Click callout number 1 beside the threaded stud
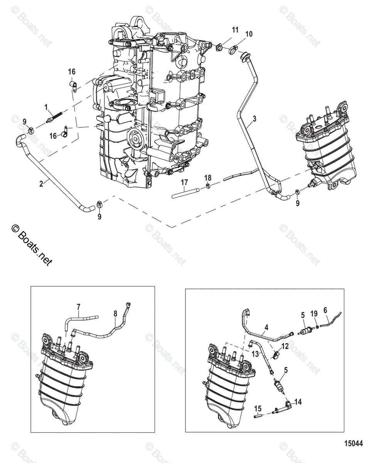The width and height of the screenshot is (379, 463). point(45,106)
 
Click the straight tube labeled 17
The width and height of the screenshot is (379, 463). point(185,191)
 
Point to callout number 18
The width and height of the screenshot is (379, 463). point(208,177)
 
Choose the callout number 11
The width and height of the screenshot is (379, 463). point(235,30)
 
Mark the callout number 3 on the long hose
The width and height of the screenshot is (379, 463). point(254,118)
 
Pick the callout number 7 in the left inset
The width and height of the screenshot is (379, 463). point(79,307)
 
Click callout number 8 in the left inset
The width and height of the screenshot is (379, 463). point(115,313)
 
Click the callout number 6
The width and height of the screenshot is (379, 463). point(325,310)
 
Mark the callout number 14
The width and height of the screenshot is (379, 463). point(298,402)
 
